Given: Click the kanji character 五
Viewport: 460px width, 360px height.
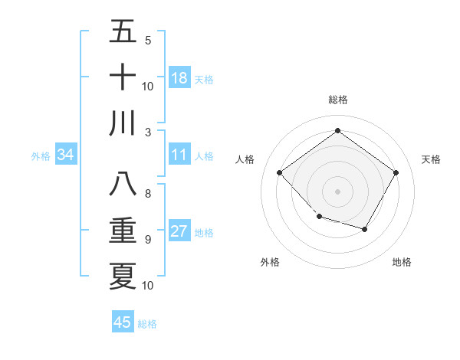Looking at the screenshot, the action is [x=123, y=32].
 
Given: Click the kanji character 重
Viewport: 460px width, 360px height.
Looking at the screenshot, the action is [x=123, y=231].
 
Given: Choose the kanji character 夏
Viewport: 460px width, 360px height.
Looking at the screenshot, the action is [x=123, y=276].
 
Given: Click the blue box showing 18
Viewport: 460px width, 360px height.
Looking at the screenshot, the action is [x=179, y=78].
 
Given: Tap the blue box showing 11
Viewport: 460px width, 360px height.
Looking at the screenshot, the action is [x=179, y=155].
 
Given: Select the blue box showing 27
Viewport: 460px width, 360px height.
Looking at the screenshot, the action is [x=179, y=231].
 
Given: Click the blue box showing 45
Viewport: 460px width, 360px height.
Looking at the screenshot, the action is [x=123, y=322].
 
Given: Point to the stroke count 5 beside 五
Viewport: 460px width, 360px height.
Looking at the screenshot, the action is [x=147, y=41].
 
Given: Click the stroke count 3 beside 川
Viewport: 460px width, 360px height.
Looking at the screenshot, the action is [x=147, y=132].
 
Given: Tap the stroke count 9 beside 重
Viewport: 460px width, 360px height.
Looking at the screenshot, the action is [x=147, y=240].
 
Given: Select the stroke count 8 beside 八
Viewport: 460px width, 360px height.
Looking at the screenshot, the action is [x=147, y=194].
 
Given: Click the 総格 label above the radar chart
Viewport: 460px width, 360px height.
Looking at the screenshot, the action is [x=337, y=100].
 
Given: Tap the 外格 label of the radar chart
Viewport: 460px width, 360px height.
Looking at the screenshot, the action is [x=270, y=262].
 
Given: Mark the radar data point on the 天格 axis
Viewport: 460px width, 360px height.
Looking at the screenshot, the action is [x=396, y=172].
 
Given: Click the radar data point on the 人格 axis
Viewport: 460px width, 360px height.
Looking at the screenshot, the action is [x=280, y=172].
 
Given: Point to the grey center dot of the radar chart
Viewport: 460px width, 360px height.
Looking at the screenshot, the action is [x=337, y=191].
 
